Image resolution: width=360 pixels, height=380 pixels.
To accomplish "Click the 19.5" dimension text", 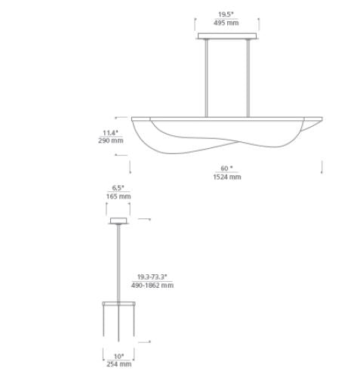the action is coord(226,14).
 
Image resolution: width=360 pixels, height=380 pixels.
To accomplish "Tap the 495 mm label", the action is coord(226,23).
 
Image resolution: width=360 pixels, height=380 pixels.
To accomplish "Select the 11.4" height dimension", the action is coord(110,133).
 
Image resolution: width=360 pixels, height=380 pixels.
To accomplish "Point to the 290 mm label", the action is coord(111,141).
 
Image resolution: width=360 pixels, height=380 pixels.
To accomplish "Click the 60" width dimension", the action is coord(226,168).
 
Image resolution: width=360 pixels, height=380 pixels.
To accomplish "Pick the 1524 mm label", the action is coord(227,177).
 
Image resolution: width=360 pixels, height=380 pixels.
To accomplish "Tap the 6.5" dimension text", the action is coord(118,188).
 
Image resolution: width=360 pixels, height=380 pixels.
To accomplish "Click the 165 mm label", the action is coord(118,196).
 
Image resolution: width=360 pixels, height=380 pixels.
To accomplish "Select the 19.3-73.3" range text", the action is coord(152,277).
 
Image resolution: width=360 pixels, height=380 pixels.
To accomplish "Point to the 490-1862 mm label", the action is coord(152,286).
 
